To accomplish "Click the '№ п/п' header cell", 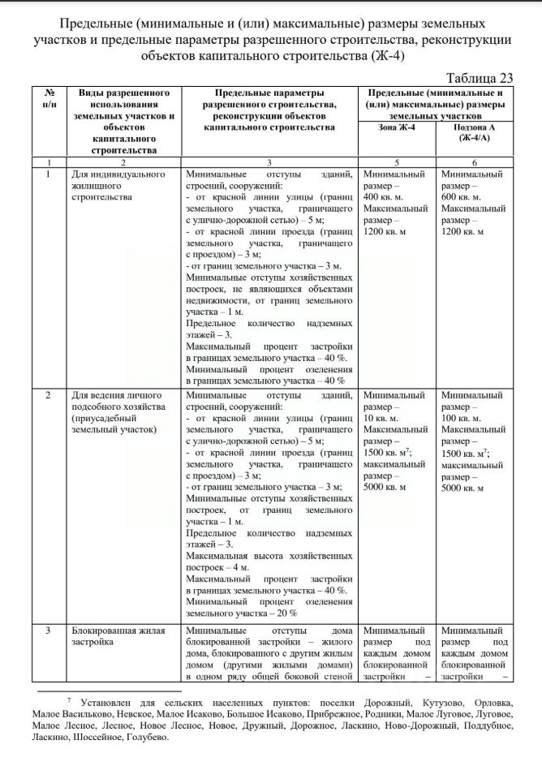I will pyautogui.click(x=49, y=98).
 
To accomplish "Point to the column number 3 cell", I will pyautogui.click(x=269, y=161).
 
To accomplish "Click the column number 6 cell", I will pyautogui.click(x=475, y=161).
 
